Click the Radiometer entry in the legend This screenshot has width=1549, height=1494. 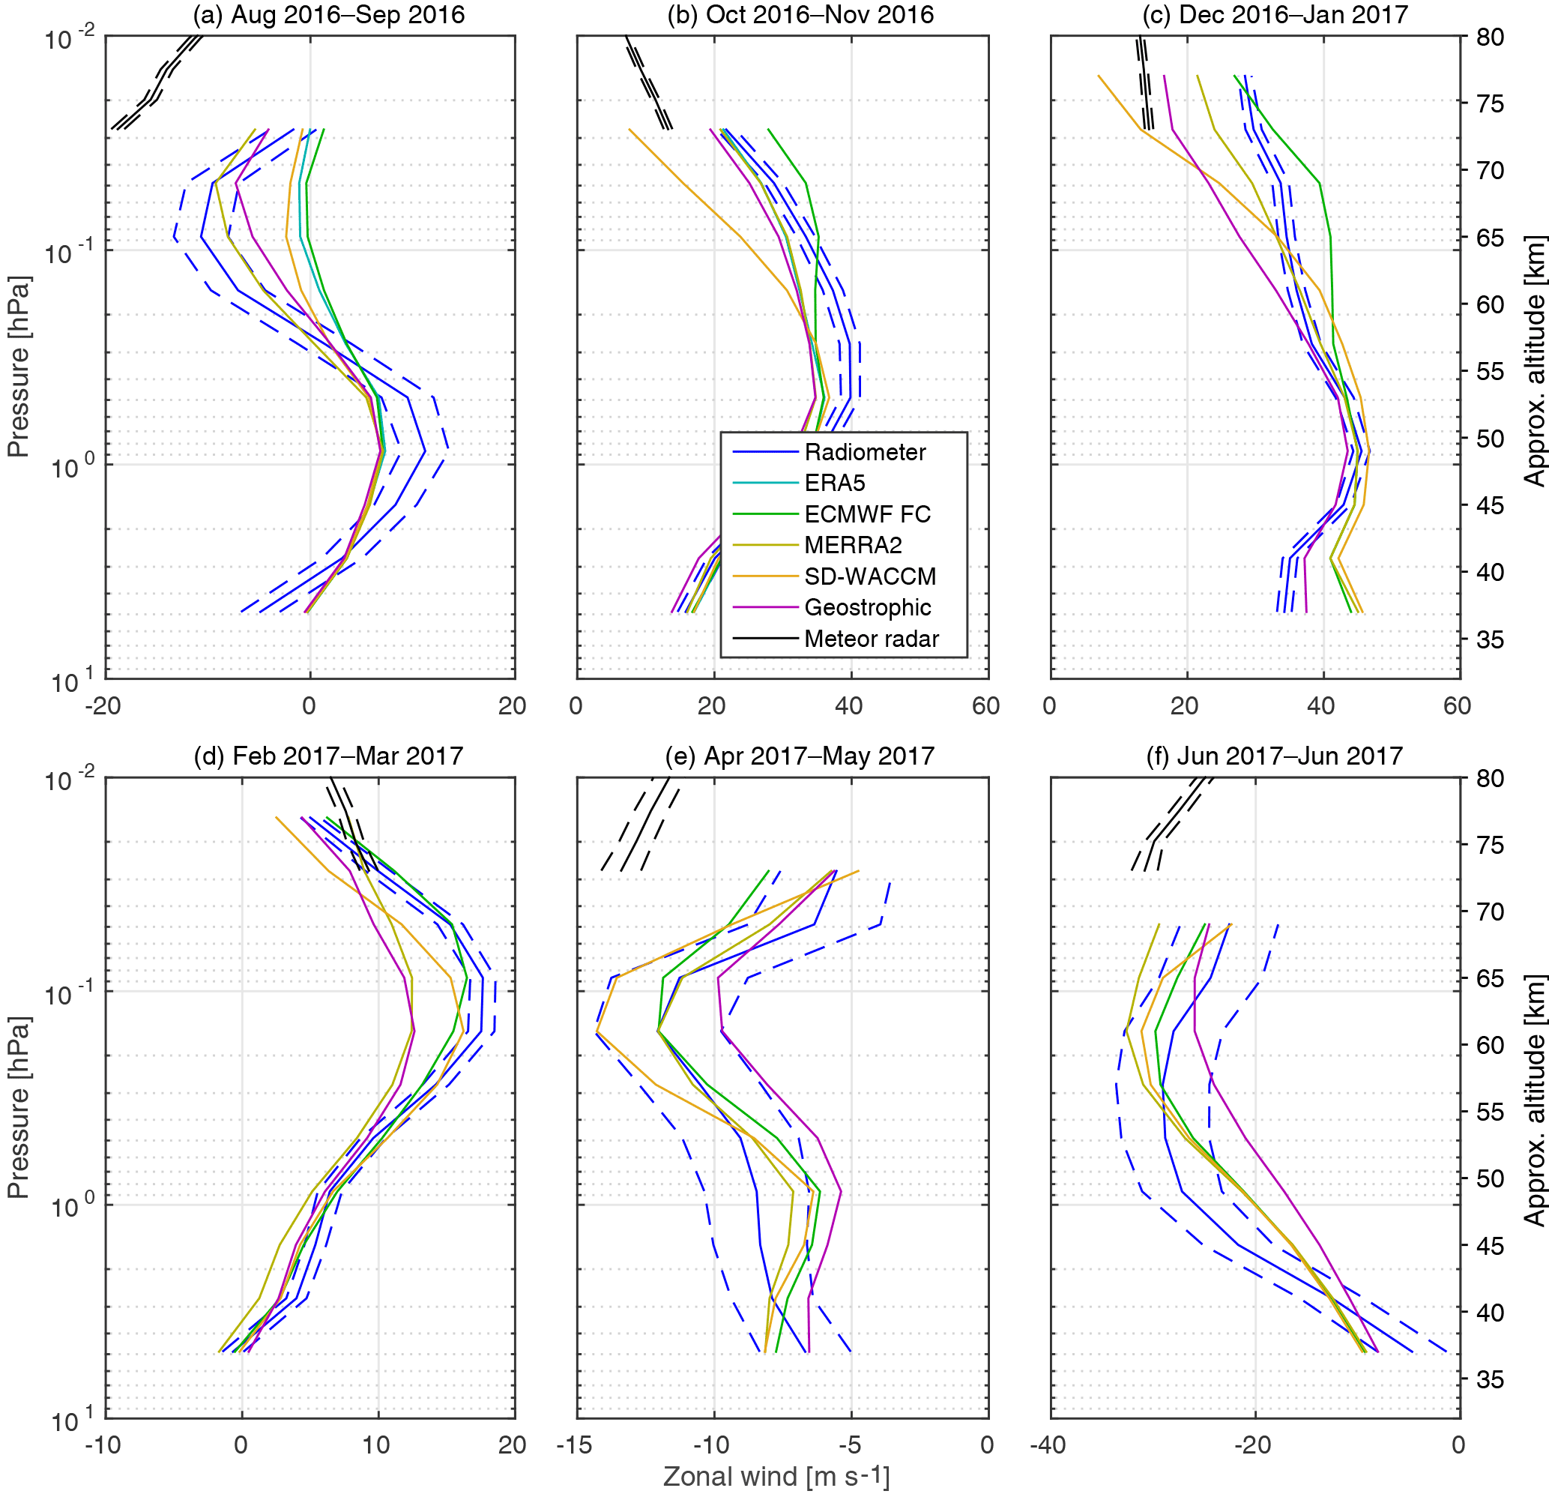865,452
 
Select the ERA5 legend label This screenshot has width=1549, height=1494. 835,483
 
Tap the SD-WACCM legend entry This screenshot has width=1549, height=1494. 869,576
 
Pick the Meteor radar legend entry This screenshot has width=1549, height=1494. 871,639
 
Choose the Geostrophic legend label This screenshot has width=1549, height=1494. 867,607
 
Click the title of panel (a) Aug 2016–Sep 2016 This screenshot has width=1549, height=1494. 329,15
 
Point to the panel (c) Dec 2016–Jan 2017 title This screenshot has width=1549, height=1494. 1275,15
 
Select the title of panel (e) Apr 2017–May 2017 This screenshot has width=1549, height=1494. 799,756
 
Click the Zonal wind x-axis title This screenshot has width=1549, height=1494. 776,1476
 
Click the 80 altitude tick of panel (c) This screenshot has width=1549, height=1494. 1490,37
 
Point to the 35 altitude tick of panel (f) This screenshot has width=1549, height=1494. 1490,1379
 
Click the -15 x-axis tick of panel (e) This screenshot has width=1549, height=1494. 575,1445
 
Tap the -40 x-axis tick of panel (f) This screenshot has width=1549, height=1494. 1048,1445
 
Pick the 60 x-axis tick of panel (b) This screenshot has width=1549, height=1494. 986,706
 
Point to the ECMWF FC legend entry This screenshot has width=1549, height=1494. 867,513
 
